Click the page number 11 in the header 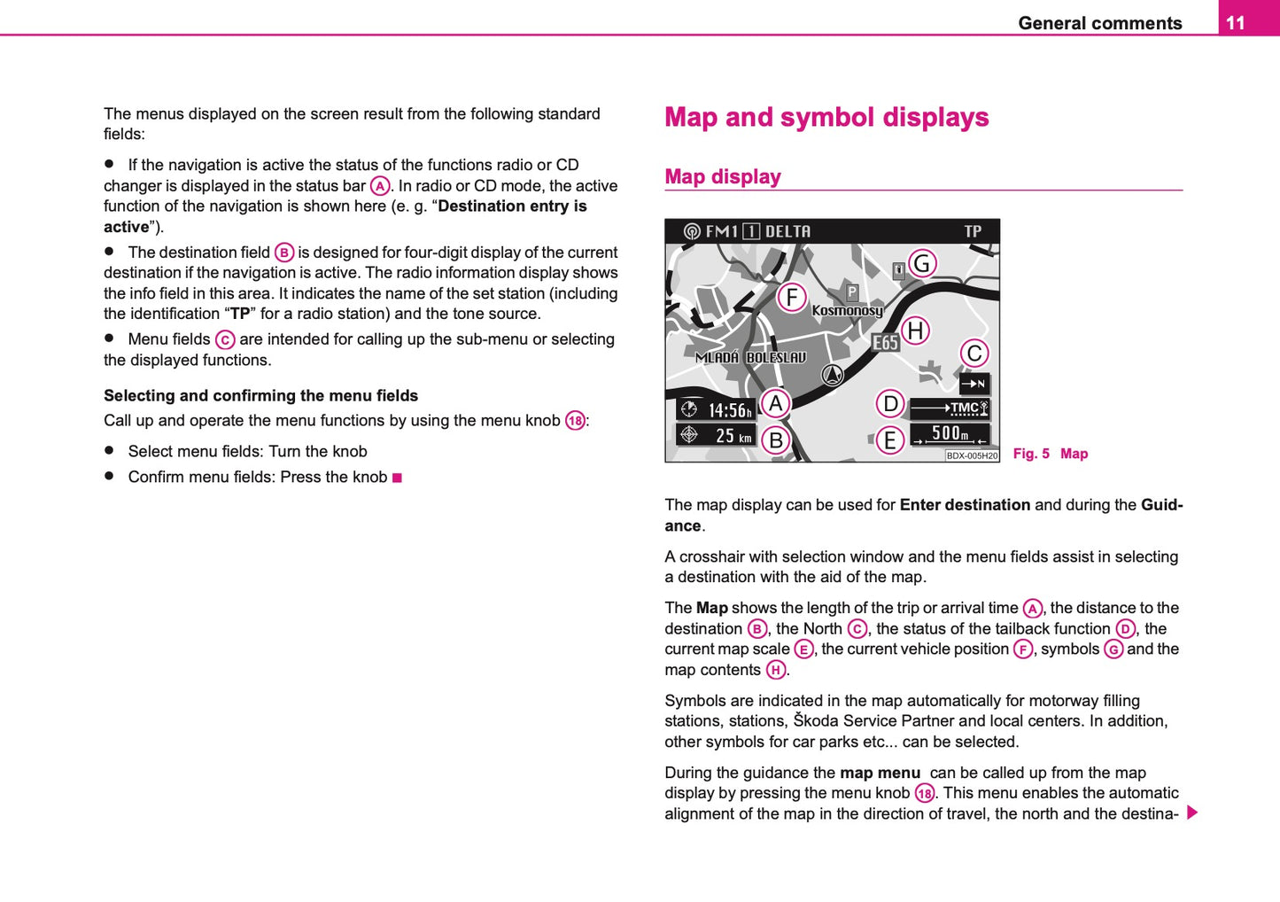[x=1236, y=22]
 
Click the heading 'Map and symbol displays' [x=826, y=118]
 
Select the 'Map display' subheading [x=723, y=177]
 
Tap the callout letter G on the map [x=922, y=263]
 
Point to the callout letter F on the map [x=792, y=297]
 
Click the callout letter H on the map [x=915, y=330]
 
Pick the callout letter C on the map [x=974, y=354]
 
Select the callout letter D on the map [x=890, y=404]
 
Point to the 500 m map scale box [x=950, y=433]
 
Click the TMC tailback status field [x=950, y=408]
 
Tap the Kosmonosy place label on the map [x=847, y=311]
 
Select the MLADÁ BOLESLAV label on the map [x=751, y=358]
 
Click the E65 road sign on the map [x=885, y=343]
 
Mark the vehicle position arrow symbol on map [x=832, y=376]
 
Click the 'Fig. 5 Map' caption [x=1050, y=454]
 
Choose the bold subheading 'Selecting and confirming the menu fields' [x=260, y=396]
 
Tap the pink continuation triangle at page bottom [x=1192, y=813]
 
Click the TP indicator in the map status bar [x=973, y=231]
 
